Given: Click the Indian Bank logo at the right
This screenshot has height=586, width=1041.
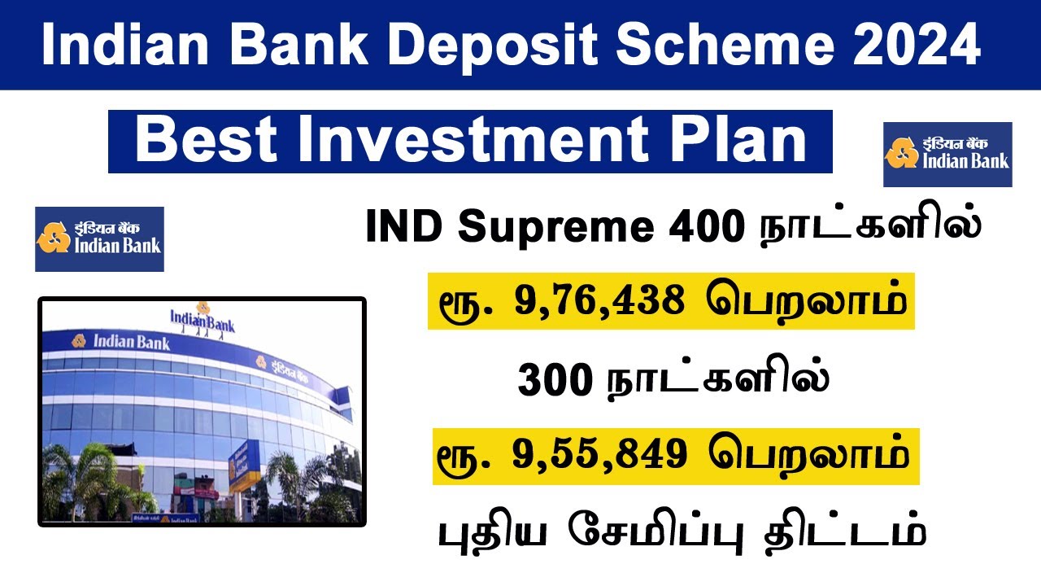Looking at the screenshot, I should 947,154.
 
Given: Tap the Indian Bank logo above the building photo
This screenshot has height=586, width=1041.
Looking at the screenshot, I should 99,238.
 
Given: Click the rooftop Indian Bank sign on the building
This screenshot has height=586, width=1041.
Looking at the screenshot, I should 203,318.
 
